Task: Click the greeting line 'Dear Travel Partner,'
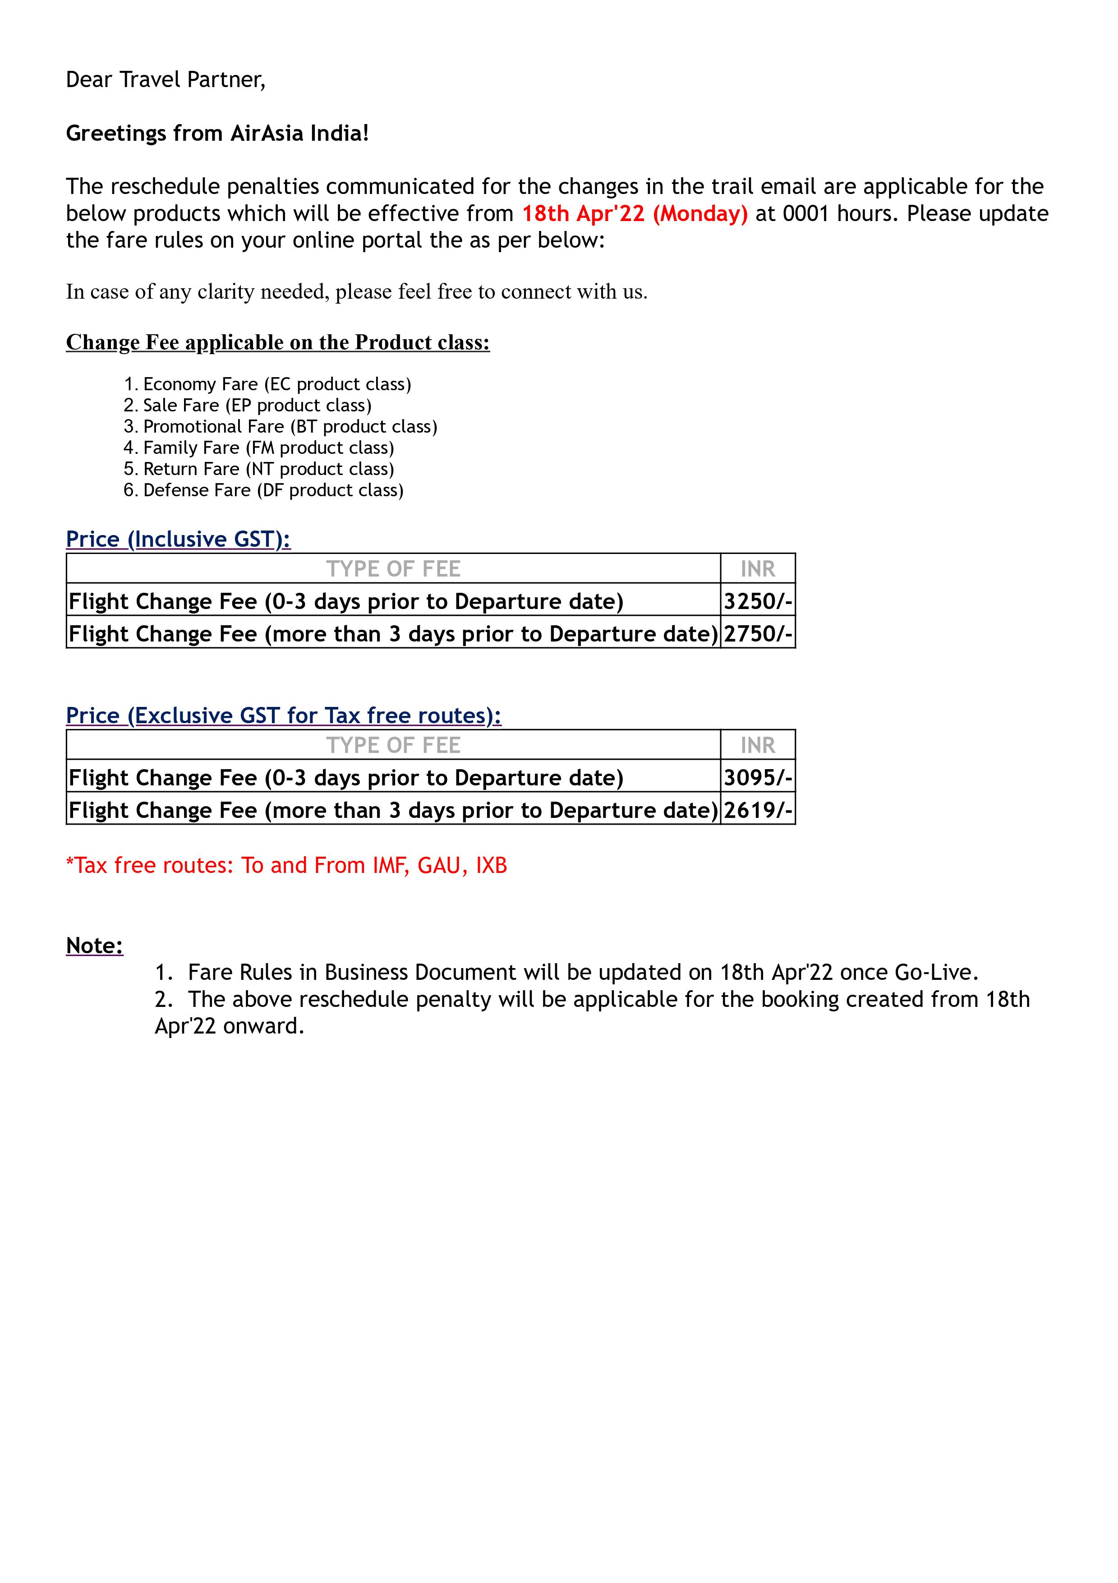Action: click(x=166, y=80)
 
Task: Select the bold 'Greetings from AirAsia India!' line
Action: click(x=217, y=133)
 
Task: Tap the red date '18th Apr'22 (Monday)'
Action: click(x=634, y=214)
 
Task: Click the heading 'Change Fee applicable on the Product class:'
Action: click(x=278, y=343)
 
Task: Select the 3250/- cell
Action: click(x=758, y=601)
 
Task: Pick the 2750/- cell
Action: click(x=758, y=634)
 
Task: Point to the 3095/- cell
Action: click(x=758, y=778)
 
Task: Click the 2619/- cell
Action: click(x=758, y=810)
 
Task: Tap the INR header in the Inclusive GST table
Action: click(x=758, y=569)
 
